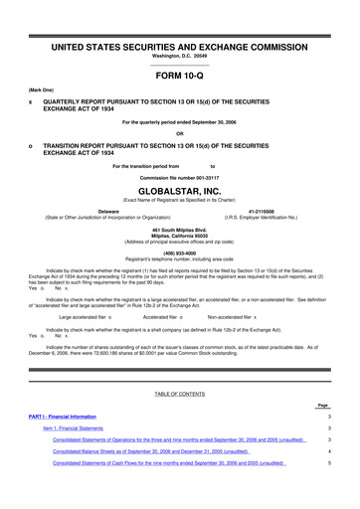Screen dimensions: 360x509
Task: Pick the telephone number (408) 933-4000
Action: [179, 252]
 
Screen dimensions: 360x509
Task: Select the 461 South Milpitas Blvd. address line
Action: [179, 226]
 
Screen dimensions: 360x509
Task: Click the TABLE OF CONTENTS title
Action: [179, 395]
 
